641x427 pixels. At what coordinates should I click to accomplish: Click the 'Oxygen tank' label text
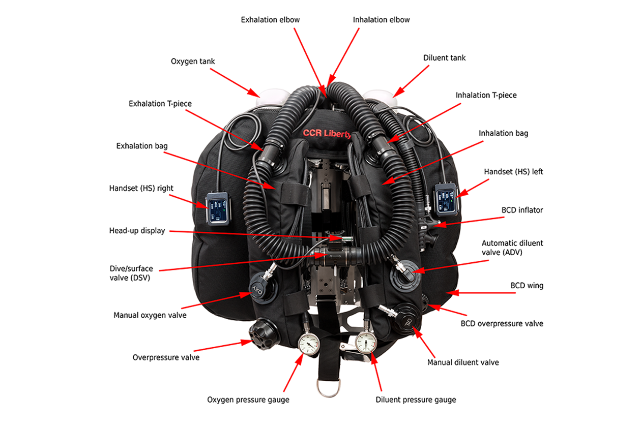193,62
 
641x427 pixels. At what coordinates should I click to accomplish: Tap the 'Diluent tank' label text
444,58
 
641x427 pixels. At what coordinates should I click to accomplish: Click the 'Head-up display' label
137,231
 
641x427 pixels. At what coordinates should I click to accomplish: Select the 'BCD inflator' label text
522,209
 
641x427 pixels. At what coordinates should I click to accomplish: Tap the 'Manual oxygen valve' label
150,315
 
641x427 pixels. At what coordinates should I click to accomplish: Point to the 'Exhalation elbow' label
270,20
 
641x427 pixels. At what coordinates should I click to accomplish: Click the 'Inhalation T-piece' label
486,95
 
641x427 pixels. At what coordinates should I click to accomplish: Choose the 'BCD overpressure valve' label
502,323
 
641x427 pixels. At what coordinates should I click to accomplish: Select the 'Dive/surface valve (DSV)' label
131,273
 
